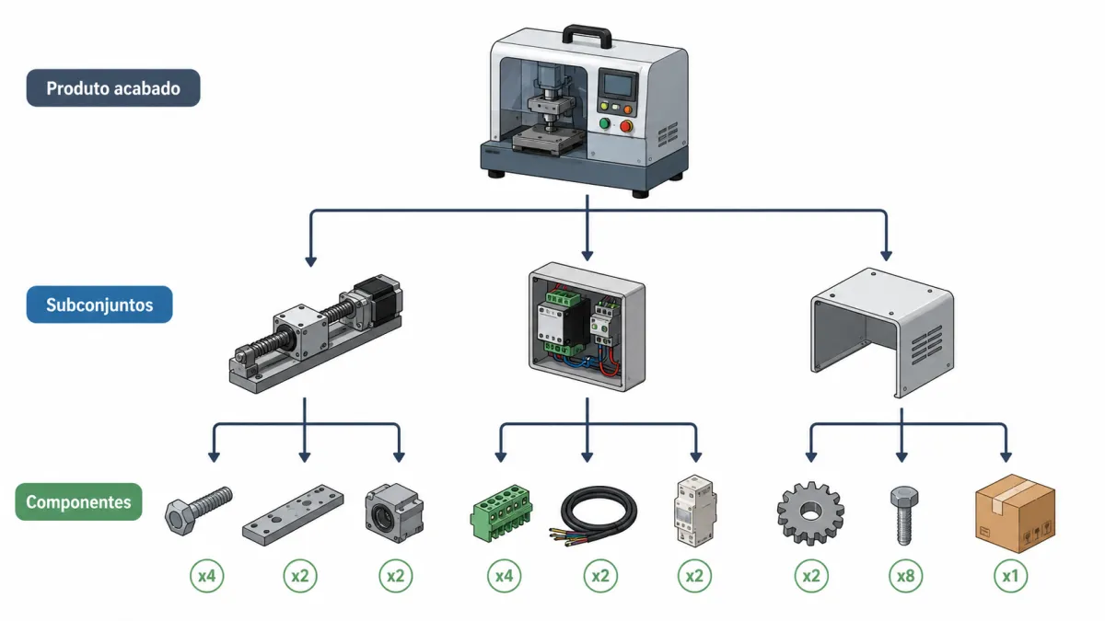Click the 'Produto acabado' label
(113, 87)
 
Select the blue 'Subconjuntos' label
(99, 305)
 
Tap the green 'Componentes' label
(78, 501)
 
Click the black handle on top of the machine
(587, 36)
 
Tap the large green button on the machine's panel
(604, 123)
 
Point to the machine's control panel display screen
(618, 85)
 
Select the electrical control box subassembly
(587, 327)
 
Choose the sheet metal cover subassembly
(882, 333)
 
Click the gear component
(810, 513)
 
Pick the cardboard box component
(1015, 513)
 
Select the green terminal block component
(501, 512)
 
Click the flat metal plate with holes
(293, 515)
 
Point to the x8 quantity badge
(906, 576)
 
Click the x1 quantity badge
(1011, 576)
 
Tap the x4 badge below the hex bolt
(206, 576)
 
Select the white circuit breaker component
(695, 511)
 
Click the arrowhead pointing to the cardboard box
(1006, 456)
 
